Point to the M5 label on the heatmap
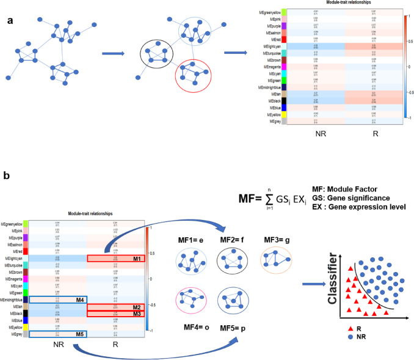[79, 334]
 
